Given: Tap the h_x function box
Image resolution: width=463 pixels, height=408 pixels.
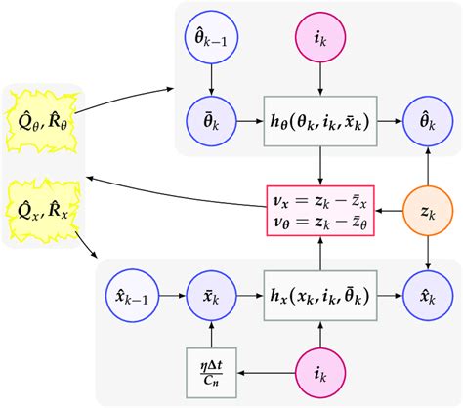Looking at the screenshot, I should point(320,293).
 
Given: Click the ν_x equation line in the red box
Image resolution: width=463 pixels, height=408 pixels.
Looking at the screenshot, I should point(320,200).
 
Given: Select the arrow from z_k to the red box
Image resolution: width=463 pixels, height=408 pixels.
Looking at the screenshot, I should point(389,209).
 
